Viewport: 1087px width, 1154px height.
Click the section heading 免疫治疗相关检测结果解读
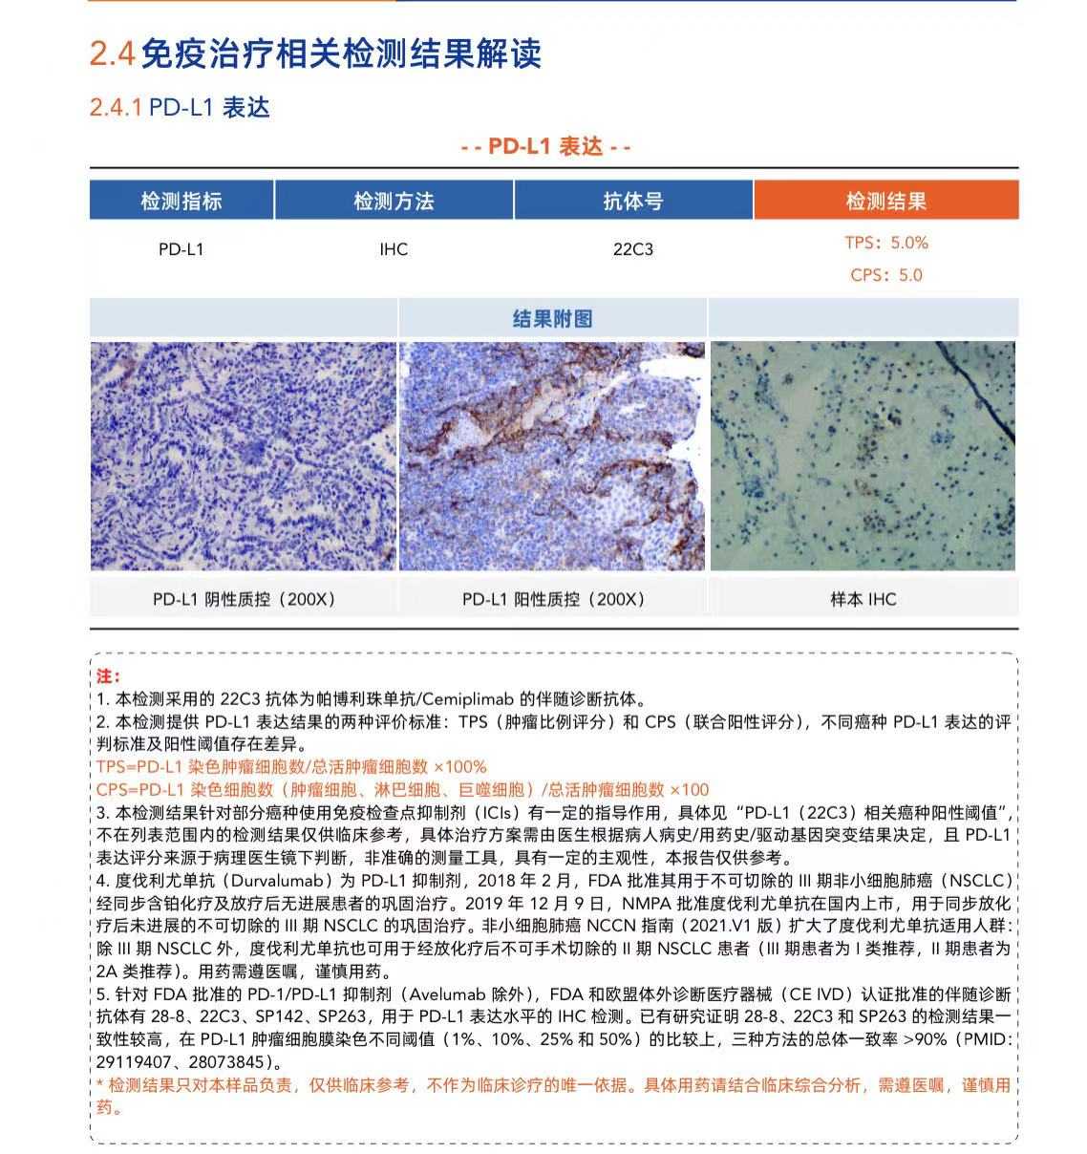341,53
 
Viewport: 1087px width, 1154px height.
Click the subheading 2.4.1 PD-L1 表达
180,107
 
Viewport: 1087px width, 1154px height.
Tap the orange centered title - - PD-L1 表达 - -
545,146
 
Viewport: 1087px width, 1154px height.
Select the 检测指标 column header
181,202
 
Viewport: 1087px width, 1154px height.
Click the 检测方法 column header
394,202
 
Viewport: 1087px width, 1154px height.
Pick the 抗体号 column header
633,202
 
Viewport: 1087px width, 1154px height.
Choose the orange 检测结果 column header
885,202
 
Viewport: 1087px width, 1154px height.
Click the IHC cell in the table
394,249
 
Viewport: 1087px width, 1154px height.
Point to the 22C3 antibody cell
633,249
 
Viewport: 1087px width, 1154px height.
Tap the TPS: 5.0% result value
885,243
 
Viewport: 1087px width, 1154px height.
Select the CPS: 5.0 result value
885,275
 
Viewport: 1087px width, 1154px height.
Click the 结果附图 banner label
552,318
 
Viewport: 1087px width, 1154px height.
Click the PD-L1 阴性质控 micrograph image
243,456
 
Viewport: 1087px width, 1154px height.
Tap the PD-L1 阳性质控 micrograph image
552,456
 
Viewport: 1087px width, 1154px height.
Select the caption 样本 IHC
863,599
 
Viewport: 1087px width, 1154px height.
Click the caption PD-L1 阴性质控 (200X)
244,599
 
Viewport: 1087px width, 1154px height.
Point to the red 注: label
107,676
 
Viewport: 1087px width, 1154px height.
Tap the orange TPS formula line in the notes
291,766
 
